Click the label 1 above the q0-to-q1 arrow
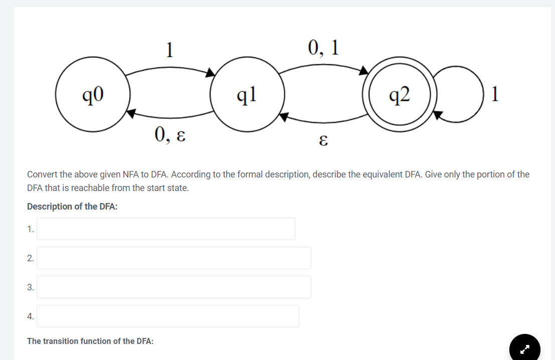pos(170,49)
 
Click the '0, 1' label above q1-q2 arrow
pos(323,47)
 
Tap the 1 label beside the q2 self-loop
pos(495,94)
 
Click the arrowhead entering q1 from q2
pos(284,117)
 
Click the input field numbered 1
pos(165,229)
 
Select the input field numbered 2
pos(173,258)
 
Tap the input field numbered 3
pos(173,287)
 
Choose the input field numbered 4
pos(167,316)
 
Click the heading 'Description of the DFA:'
pos(72,207)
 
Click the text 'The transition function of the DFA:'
pos(90,341)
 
